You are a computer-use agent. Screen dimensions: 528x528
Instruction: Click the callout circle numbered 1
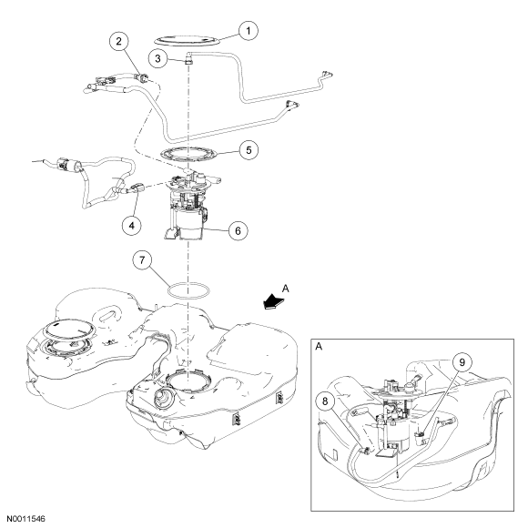pyautogui.click(x=249, y=31)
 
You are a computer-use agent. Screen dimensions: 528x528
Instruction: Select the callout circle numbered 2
pyautogui.click(x=118, y=41)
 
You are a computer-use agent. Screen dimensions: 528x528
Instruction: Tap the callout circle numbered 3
pyautogui.click(x=157, y=58)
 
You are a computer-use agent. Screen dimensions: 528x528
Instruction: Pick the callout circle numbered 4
pyautogui.click(x=132, y=225)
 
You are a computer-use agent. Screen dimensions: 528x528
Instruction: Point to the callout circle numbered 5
pyautogui.click(x=249, y=150)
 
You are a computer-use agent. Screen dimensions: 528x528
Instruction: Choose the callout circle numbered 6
pyautogui.click(x=239, y=230)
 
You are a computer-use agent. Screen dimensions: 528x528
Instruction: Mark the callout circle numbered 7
pyautogui.click(x=142, y=260)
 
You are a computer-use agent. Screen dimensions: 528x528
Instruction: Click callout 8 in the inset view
pyautogui.click(x=325, y=401)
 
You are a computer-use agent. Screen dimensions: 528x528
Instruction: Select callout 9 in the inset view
pyautogui.click(x=462, y=362)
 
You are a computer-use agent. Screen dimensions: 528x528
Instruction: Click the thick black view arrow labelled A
pyautogui.click(x=274, y=300)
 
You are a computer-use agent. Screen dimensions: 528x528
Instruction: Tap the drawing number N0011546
pyautogui.click(x=25, y=519)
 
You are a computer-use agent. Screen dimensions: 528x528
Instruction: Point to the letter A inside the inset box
pyautogui.click(x=319, y=346)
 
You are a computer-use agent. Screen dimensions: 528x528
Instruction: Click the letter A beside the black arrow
pyautogui.click(x=286, y=289)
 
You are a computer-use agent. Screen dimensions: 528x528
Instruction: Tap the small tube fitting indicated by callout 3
pyautogui.click(x=188, y=60)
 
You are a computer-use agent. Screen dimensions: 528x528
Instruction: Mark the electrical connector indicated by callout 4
pyautogui.click(x=137, y=188)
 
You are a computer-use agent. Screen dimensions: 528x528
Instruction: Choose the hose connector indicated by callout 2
pyautogui.click(x=143, y=76)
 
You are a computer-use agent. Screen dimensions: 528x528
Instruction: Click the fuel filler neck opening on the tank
pyautogui.click(x=163, y=397)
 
